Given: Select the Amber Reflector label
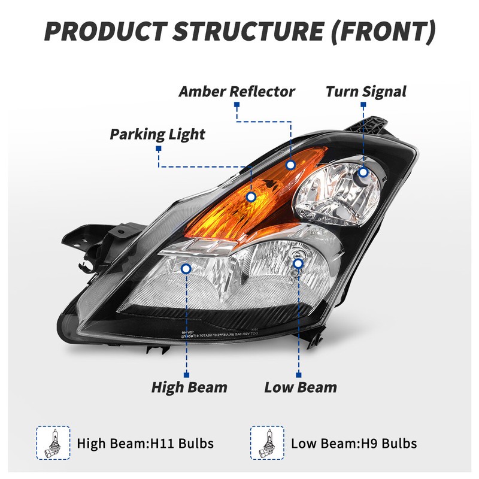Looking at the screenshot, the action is pyautogui.click(x=237, y=92).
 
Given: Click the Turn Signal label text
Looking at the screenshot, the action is pyautogui.click(x=366, y=92).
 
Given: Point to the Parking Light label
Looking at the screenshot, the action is pyautogui.click(x=157, y=134).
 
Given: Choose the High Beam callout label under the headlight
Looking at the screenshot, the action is pyautogui.click(x=189, y=387).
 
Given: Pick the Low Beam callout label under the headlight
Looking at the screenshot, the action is pyautogui.click(x=300, y=387).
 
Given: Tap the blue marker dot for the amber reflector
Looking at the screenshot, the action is pyautogui.click(x=290, y=165).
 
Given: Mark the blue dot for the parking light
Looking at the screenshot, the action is pyautogui.click(x=251, y=196).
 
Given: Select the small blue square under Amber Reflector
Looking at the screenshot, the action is pyautogui.click(x=237, y=105).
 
